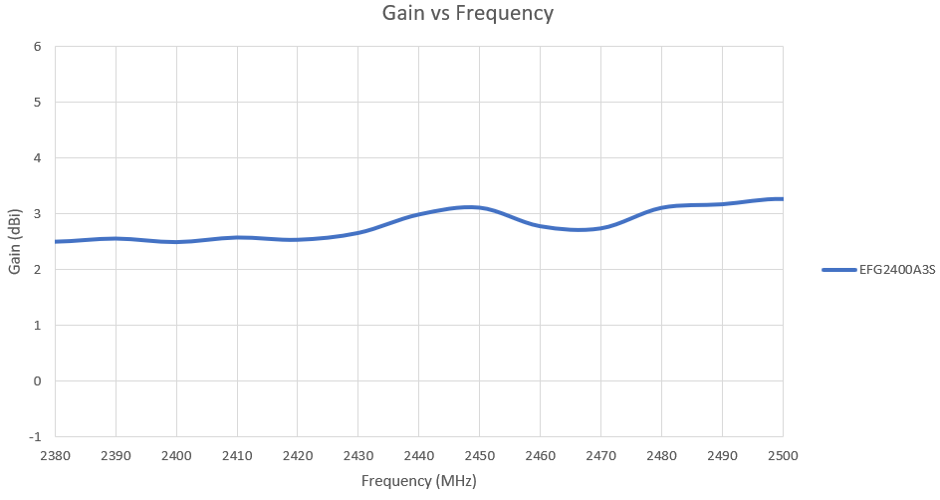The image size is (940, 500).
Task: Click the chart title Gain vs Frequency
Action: tap(468, 14)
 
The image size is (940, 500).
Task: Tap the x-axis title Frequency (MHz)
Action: tap(418, 481)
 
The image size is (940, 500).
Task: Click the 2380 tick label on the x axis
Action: tap(55, 454)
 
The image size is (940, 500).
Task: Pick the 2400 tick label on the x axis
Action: tap(176, 454)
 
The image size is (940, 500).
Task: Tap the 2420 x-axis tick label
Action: tap(298, 454)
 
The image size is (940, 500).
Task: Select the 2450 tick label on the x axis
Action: tap(479, 454)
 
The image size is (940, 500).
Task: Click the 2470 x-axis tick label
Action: tap(600, 454)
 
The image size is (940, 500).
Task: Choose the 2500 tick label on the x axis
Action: tap(783, 454)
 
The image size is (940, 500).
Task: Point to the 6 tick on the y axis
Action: tap(37, 46)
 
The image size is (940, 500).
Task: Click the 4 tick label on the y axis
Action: tap(37, 157)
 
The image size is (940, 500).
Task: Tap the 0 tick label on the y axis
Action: tap(37, 380)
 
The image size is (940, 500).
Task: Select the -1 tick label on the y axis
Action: tap(35, 436)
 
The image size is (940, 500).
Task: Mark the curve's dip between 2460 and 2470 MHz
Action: tap(579, 230)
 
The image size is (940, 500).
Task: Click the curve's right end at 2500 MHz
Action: tap(782, 199)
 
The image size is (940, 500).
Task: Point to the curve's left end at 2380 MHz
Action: tap(56, 241)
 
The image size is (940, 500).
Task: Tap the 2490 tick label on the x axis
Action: tap(722, 454)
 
